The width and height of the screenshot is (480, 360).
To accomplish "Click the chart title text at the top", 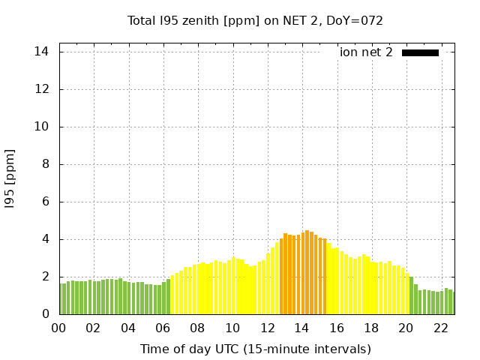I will coord(255,20).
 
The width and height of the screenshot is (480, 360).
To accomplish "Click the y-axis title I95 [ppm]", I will coord(10,179).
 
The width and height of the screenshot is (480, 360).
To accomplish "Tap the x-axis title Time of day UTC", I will coord(255,349).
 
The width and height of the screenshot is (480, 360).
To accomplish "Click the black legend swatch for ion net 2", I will coord(420,52).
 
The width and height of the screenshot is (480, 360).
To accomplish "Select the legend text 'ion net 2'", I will coord(366,52).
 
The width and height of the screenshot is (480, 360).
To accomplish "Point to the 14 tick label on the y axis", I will coord(43,52).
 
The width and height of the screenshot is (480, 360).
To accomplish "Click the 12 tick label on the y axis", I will coord(43,89).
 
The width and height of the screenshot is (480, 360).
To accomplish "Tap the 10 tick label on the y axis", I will coord(43,127).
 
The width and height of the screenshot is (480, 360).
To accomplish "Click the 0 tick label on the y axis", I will coord(46,314).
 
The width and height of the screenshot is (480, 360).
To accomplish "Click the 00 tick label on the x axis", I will coord(59,328).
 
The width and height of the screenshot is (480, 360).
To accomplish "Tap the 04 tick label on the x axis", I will coord(128,328).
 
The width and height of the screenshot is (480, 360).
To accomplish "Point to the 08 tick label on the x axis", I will coord(198,328).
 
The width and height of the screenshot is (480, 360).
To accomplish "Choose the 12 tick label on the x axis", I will coord(267,328).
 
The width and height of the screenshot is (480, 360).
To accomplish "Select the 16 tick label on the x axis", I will coord(337,328).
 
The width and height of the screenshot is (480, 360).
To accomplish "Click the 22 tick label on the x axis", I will coord(440,328).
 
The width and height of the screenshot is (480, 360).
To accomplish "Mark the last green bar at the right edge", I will coord(452,303).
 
